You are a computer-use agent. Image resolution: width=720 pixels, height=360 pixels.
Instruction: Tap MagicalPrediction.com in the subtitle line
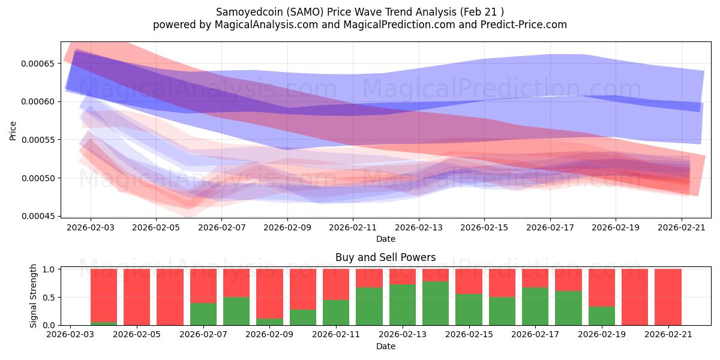pos(399,25)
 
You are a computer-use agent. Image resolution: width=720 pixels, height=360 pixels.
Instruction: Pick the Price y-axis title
pos(13,131)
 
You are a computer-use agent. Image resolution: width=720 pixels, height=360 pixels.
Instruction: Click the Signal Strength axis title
pos(33,296)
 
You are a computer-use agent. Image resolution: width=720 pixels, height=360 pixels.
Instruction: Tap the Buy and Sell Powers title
pos(385,257)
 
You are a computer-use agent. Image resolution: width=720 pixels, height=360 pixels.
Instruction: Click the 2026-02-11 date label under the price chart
pos(353,227)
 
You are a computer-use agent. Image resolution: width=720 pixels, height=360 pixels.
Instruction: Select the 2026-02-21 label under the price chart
pos(681,227)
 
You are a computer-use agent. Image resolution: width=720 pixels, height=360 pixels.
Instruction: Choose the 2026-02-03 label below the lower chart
pos(70,335)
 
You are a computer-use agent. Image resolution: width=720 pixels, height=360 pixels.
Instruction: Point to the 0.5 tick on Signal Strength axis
pos(49,298)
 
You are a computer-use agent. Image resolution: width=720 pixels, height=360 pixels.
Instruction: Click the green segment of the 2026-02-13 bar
pos(403,305)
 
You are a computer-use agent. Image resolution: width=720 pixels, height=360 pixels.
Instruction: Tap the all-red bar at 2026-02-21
pos(668,297)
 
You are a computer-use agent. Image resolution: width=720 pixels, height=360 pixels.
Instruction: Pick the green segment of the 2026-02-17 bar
pos(535,307)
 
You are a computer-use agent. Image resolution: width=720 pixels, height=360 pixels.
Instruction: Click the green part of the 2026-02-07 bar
pos(203,314)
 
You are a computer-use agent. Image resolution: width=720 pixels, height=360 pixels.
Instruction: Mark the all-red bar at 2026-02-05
pos(137,297)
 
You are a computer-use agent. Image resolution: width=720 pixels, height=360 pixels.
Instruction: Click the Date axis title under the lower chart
pos(385,347)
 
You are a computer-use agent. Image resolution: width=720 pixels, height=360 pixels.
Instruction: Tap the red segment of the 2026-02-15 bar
pos(469,281)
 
